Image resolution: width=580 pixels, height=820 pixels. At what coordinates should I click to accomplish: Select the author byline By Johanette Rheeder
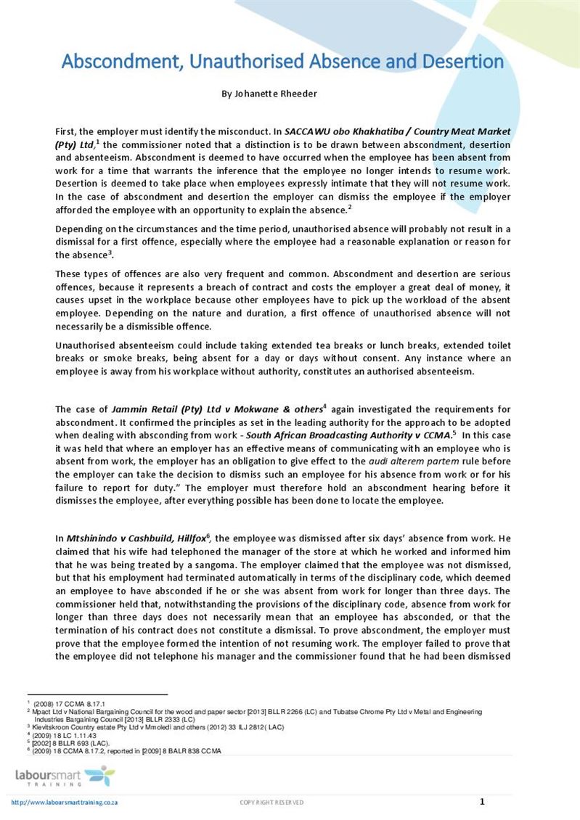click(269, 94)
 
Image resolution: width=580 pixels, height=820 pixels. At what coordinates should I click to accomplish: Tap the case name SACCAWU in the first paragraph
click(308, 131)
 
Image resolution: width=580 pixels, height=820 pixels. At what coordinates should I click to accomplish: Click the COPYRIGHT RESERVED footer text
click(272, 802)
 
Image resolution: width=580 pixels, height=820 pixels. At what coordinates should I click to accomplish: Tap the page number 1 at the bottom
click(482, 801)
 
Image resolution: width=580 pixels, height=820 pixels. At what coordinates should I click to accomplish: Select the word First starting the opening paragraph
click(66, 131)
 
